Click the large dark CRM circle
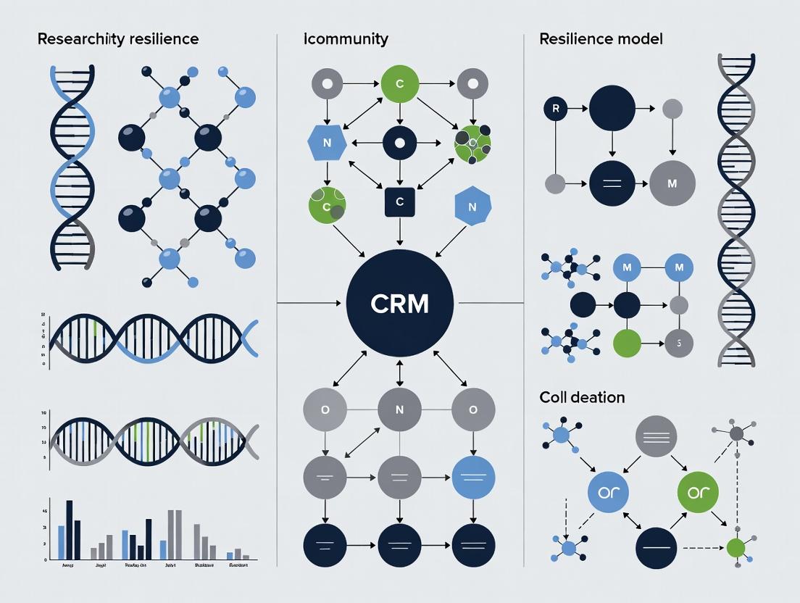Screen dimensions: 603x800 pyautogui.click(x=399, y=304)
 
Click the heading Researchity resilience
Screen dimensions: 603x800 pyautogui.click(x=117, y=38)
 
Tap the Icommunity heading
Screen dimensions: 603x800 pyautogui.click(x=346, y=38)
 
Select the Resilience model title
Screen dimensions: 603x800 pyautogui.click(x=601, y=38)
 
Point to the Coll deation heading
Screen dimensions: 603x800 pyautogui.click(x=582, y=397)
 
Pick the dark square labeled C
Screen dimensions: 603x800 pyautogui.click(x=400, y=202)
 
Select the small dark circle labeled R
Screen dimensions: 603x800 pyautogui.click(x=555, y=109)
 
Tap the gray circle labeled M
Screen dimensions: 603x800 pyautogui.click(x=672, y=183)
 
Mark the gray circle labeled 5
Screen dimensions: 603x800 pyautogui.click(x=678, y=343)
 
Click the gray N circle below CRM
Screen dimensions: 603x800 pyautogui.click(x=400, y=410)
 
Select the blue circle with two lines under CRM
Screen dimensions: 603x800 pyautogui.click(x=473, y=477)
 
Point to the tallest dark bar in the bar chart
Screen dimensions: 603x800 pyautogui.click(x=70, y=530)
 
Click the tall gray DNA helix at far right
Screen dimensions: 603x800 pyautogui.click(x=736, y=210)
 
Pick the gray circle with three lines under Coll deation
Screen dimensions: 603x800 pyautogui.click(x=656, y=436)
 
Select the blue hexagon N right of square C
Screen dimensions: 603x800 pyautogui.click(x=472, y=207)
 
